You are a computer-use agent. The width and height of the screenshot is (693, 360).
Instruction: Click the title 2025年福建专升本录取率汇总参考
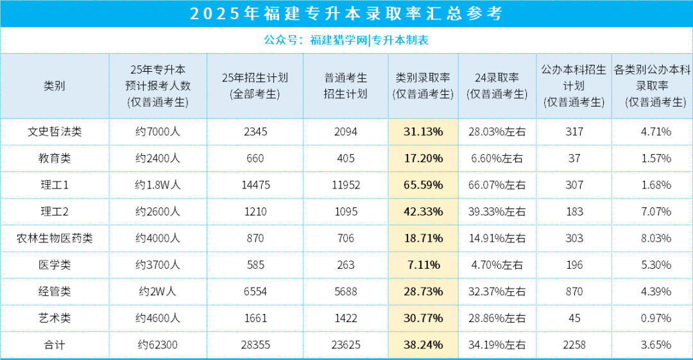[346, 14]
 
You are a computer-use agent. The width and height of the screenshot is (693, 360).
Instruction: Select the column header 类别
[55, 86]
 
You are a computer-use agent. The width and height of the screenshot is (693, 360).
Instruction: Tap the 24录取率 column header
[497, 86]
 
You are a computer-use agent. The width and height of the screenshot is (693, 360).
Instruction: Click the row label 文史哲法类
[55, 132]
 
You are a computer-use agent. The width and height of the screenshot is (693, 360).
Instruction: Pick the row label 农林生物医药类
[55, 238]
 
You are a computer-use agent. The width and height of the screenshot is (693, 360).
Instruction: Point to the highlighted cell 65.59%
[423, 185]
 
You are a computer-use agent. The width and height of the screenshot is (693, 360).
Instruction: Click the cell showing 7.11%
[423, 264]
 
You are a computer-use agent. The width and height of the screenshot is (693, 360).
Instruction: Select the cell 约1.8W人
[158, 185]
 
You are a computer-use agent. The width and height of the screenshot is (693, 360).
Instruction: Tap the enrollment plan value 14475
[255, 185]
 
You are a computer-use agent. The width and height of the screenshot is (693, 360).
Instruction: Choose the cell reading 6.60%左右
[497, 159]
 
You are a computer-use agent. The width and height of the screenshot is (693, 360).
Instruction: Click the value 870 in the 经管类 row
[574, 291]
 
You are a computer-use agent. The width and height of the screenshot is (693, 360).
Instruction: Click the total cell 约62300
[158, 345]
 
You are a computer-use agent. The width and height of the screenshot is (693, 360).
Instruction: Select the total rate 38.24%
[423, 345]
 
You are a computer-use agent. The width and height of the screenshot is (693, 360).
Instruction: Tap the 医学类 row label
[55, 264]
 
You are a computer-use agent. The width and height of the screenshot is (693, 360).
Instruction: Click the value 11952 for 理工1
[346, 185]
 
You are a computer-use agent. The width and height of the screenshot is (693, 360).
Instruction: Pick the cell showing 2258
[574, 345]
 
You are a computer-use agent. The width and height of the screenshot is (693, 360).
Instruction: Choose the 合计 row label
[55, 345]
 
